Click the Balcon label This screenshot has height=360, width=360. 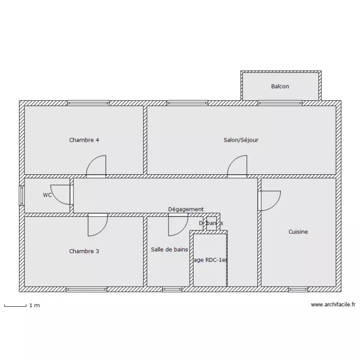coord(280,86)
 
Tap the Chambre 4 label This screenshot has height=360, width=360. coord(84,140)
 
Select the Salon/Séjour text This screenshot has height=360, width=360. coord(241,140)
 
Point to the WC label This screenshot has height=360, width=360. coord(47,195)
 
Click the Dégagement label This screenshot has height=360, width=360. coord(186,209)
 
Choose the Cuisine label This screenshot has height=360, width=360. coord(298,232)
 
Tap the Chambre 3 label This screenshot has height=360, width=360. coord(84,251)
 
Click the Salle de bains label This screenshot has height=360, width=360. coord(169,250)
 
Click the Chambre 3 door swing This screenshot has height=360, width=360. coord(98,225)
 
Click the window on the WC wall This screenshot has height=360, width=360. coord(21,196)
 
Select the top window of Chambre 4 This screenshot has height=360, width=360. coord(88,103)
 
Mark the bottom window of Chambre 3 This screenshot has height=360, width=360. coord(86,289)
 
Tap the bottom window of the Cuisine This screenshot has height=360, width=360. coord(298,289)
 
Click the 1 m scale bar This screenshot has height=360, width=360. coord(15,305)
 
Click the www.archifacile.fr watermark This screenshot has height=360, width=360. coord(333,304)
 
